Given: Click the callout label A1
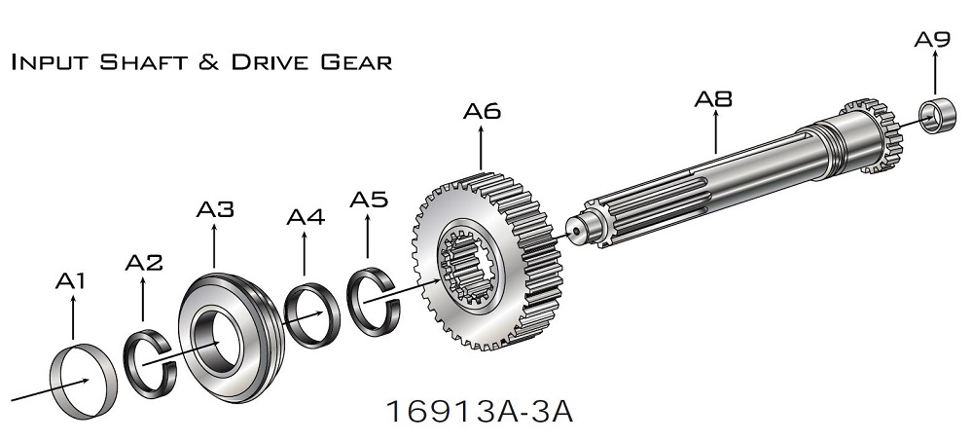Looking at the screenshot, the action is click(x=69, y=281).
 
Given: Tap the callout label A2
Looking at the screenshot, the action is click(x=143, y=263).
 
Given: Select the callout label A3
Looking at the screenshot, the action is click(x=215, y=209).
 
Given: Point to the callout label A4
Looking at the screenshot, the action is click(x=306, y=217).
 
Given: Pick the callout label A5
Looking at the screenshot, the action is click(x=369, y=200).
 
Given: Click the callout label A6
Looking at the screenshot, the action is click(x=482, y=111).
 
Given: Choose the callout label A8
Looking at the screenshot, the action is click(x=713, y=98).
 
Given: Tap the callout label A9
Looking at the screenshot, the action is click(x=932, y=39).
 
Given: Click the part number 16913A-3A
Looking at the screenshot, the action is click(x=479, y=411).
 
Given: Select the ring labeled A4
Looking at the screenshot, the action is click(x=290, y=315).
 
